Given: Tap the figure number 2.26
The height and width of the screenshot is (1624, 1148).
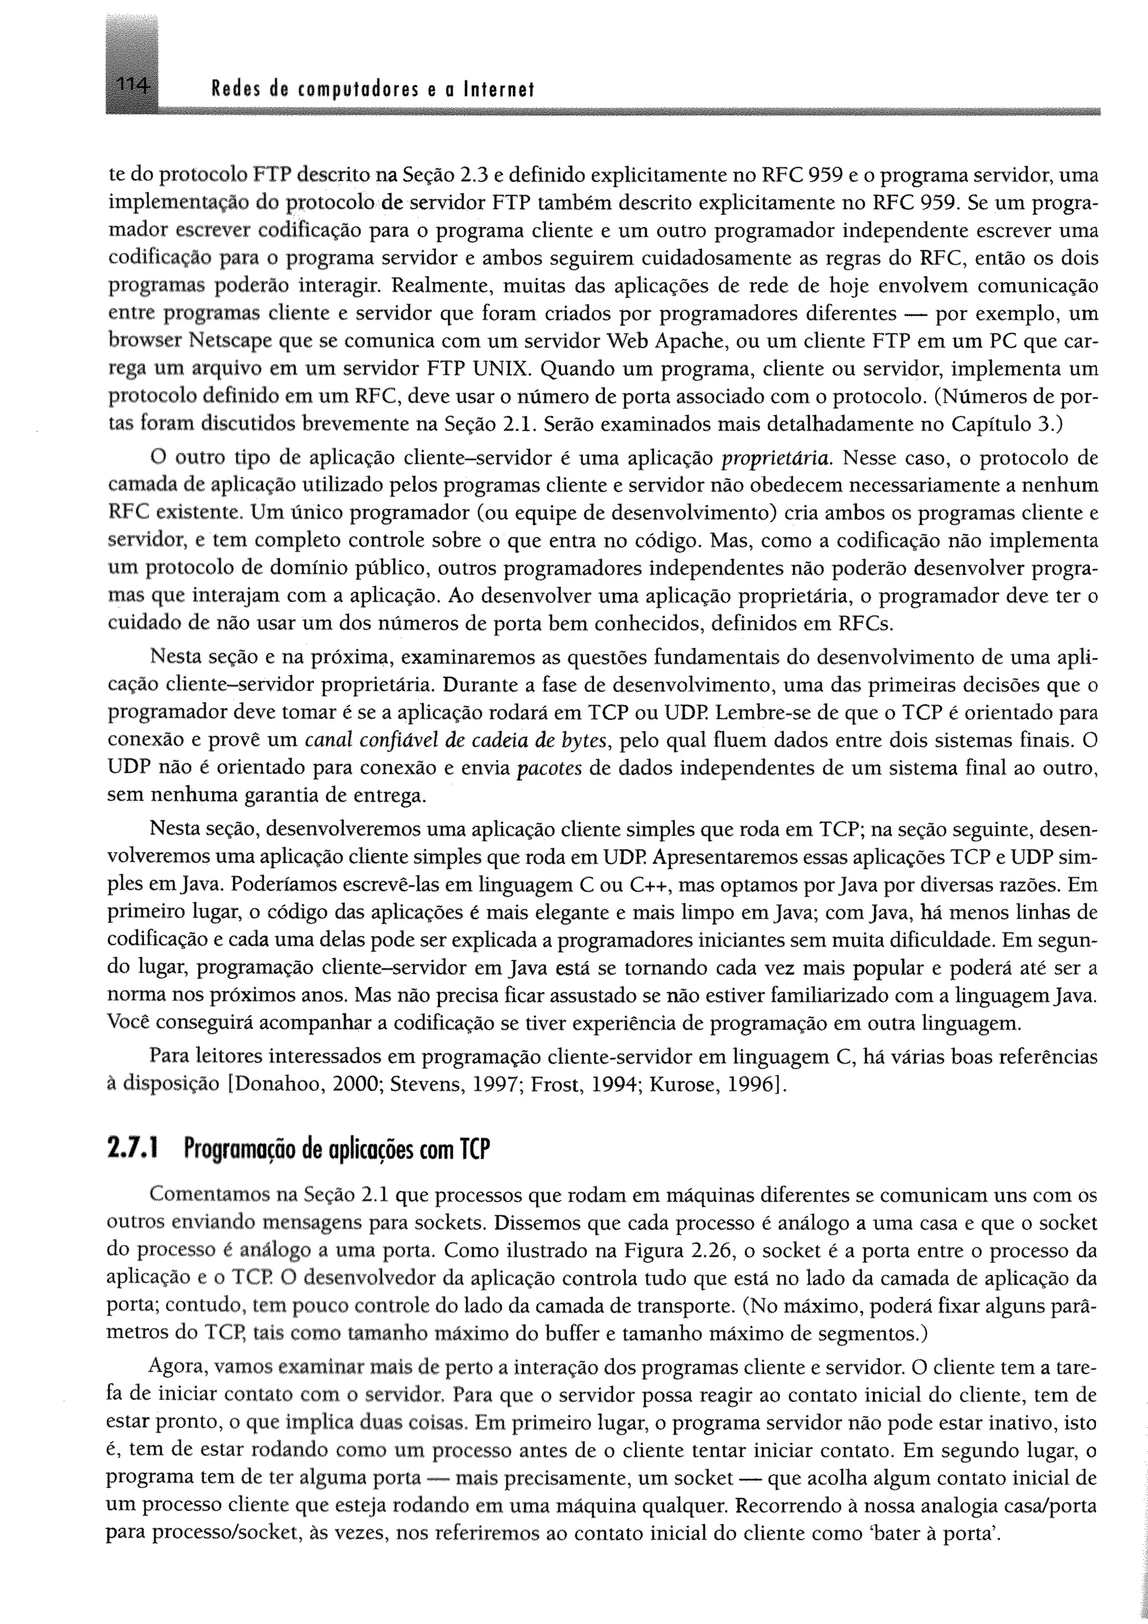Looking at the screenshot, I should (715, 1251).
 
